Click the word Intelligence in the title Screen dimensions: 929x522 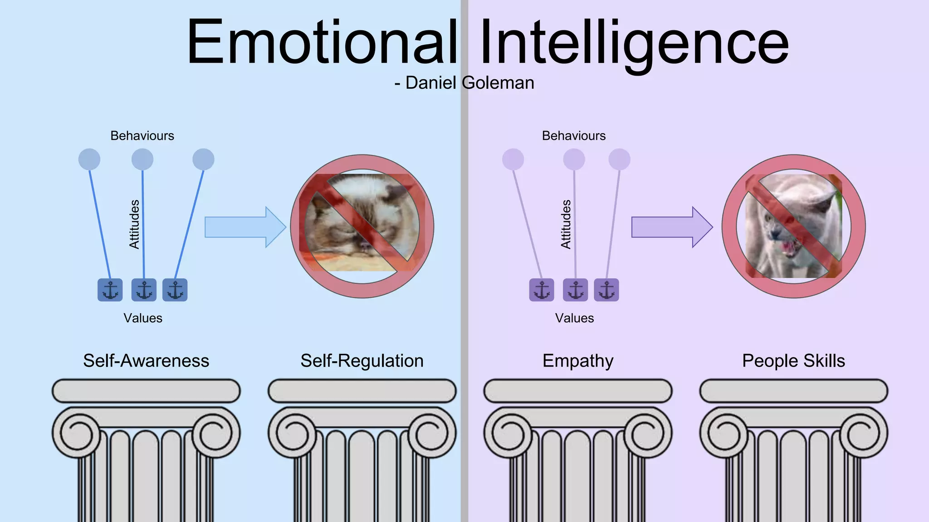coord(634,43)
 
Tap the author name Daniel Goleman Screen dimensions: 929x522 coord(469,83)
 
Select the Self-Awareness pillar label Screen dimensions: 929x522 coord(146,361)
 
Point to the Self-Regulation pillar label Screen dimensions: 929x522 coord(362,361)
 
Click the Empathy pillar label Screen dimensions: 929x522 coord(578,361)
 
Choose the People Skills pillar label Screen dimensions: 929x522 coord(793,361)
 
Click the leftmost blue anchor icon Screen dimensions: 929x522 coord(110,290)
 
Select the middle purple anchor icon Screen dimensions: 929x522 coord(575,290)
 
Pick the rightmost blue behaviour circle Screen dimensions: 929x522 coord(203,159)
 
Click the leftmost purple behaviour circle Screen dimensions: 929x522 coord(513,159)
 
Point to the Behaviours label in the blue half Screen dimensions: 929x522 coord(142,136)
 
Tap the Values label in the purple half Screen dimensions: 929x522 coord(574,318)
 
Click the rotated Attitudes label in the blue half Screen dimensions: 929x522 coord(134,224)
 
